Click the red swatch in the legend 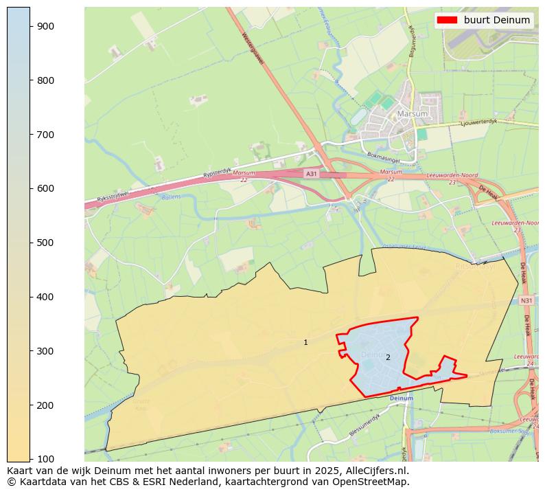point(448,21)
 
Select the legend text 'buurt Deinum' point(496,21)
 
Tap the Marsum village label point(412,113)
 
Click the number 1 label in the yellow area point(305,342)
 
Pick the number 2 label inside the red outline point(388,357)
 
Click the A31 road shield point(312,174)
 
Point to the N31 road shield point(526,301)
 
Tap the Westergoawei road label point(253,48)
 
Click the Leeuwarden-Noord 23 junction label point(452,179)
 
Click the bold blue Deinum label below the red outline point(401,398)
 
